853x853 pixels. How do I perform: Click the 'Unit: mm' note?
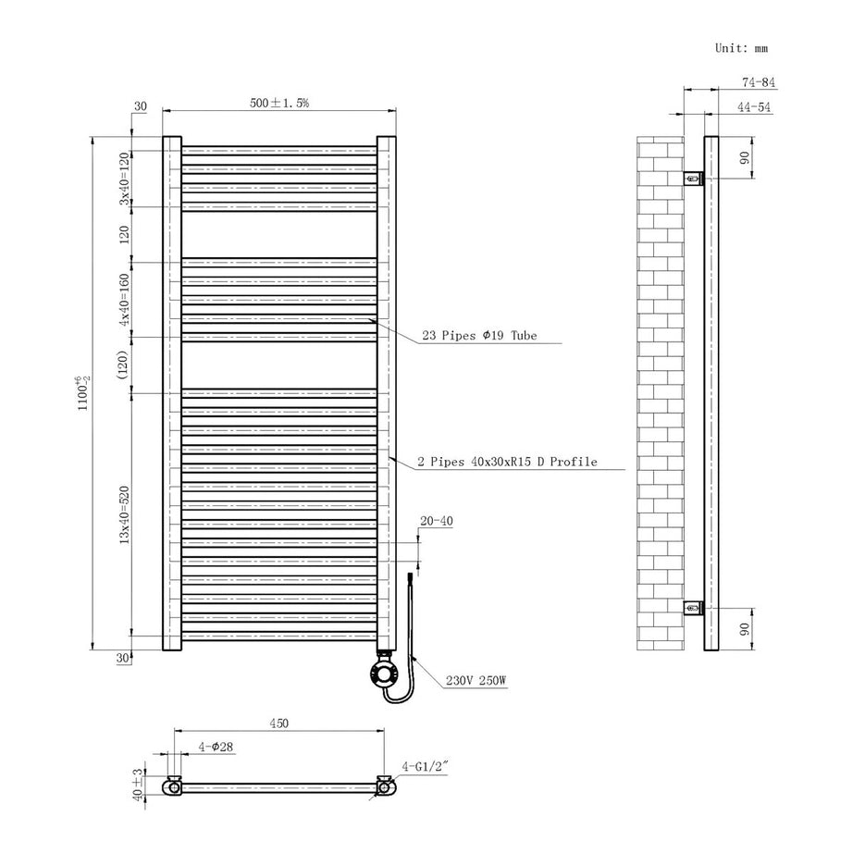pos(741,48)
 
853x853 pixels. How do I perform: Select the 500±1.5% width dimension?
pos(279,103)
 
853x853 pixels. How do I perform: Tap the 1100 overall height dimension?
pos(82,391)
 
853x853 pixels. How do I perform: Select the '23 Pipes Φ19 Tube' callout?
pos(479,336)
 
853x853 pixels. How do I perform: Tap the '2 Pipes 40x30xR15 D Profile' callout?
pos(507,461)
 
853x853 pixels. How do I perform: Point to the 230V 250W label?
pos(476,681)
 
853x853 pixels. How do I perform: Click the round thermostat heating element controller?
pos(382,672)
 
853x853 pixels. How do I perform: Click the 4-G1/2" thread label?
pos(426,765)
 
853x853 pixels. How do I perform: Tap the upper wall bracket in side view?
pos(693,176)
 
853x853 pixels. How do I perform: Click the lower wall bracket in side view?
pos(693,607)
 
